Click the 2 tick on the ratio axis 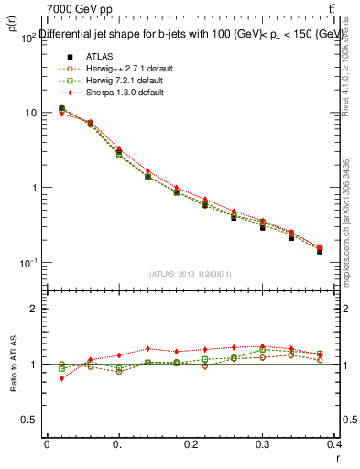[x=32, y=310]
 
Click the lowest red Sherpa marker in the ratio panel [x=61, y=378]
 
